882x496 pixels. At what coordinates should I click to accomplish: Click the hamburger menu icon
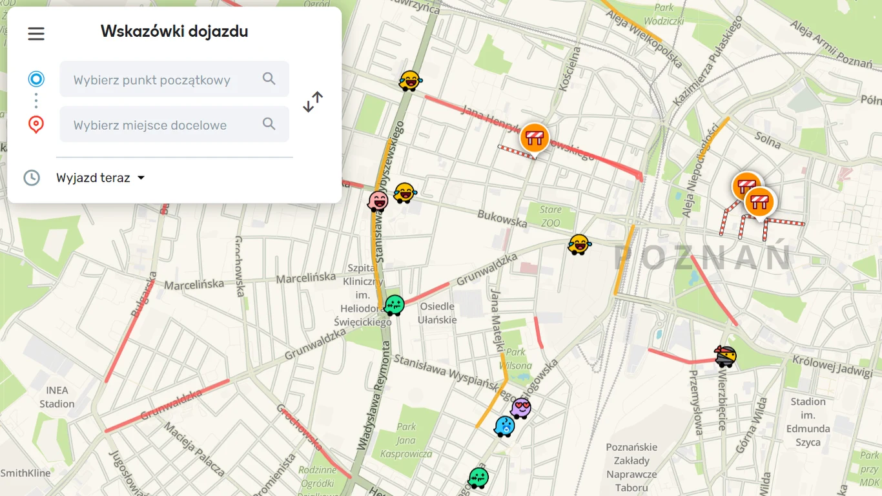click(x=36, y=34)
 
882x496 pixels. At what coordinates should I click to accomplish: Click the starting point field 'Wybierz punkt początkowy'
click(x=152, y=80)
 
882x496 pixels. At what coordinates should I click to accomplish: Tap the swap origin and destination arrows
click(x=313, y=102)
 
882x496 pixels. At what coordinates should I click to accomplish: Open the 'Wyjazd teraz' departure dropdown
click(x=100, y=178)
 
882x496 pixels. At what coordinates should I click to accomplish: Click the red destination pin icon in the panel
click(x=36, y=124)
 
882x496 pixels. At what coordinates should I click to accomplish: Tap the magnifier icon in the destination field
click(x=269, y=124)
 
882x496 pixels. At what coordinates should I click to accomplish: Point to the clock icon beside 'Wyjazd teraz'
click(x=32, y=178)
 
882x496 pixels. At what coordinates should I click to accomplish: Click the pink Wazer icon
click(x=378, y=201)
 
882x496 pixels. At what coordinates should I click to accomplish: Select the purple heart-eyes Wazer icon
click(x=520, y=408)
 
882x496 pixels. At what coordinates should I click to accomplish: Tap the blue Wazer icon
click(x=504, y=426)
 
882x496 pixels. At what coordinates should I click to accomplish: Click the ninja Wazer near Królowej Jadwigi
click(x=726, y=356)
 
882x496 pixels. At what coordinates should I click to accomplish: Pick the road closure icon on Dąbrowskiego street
click(x=535, y=138)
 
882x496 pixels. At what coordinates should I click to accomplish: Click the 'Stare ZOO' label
click(x=551, y=216)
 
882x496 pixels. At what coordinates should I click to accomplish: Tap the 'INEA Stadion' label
click(x=57, y=397)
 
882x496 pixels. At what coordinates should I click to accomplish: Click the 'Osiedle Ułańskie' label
click(x=437, y=313)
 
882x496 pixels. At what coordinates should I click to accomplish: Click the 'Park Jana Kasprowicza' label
click(x=407, y=440)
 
